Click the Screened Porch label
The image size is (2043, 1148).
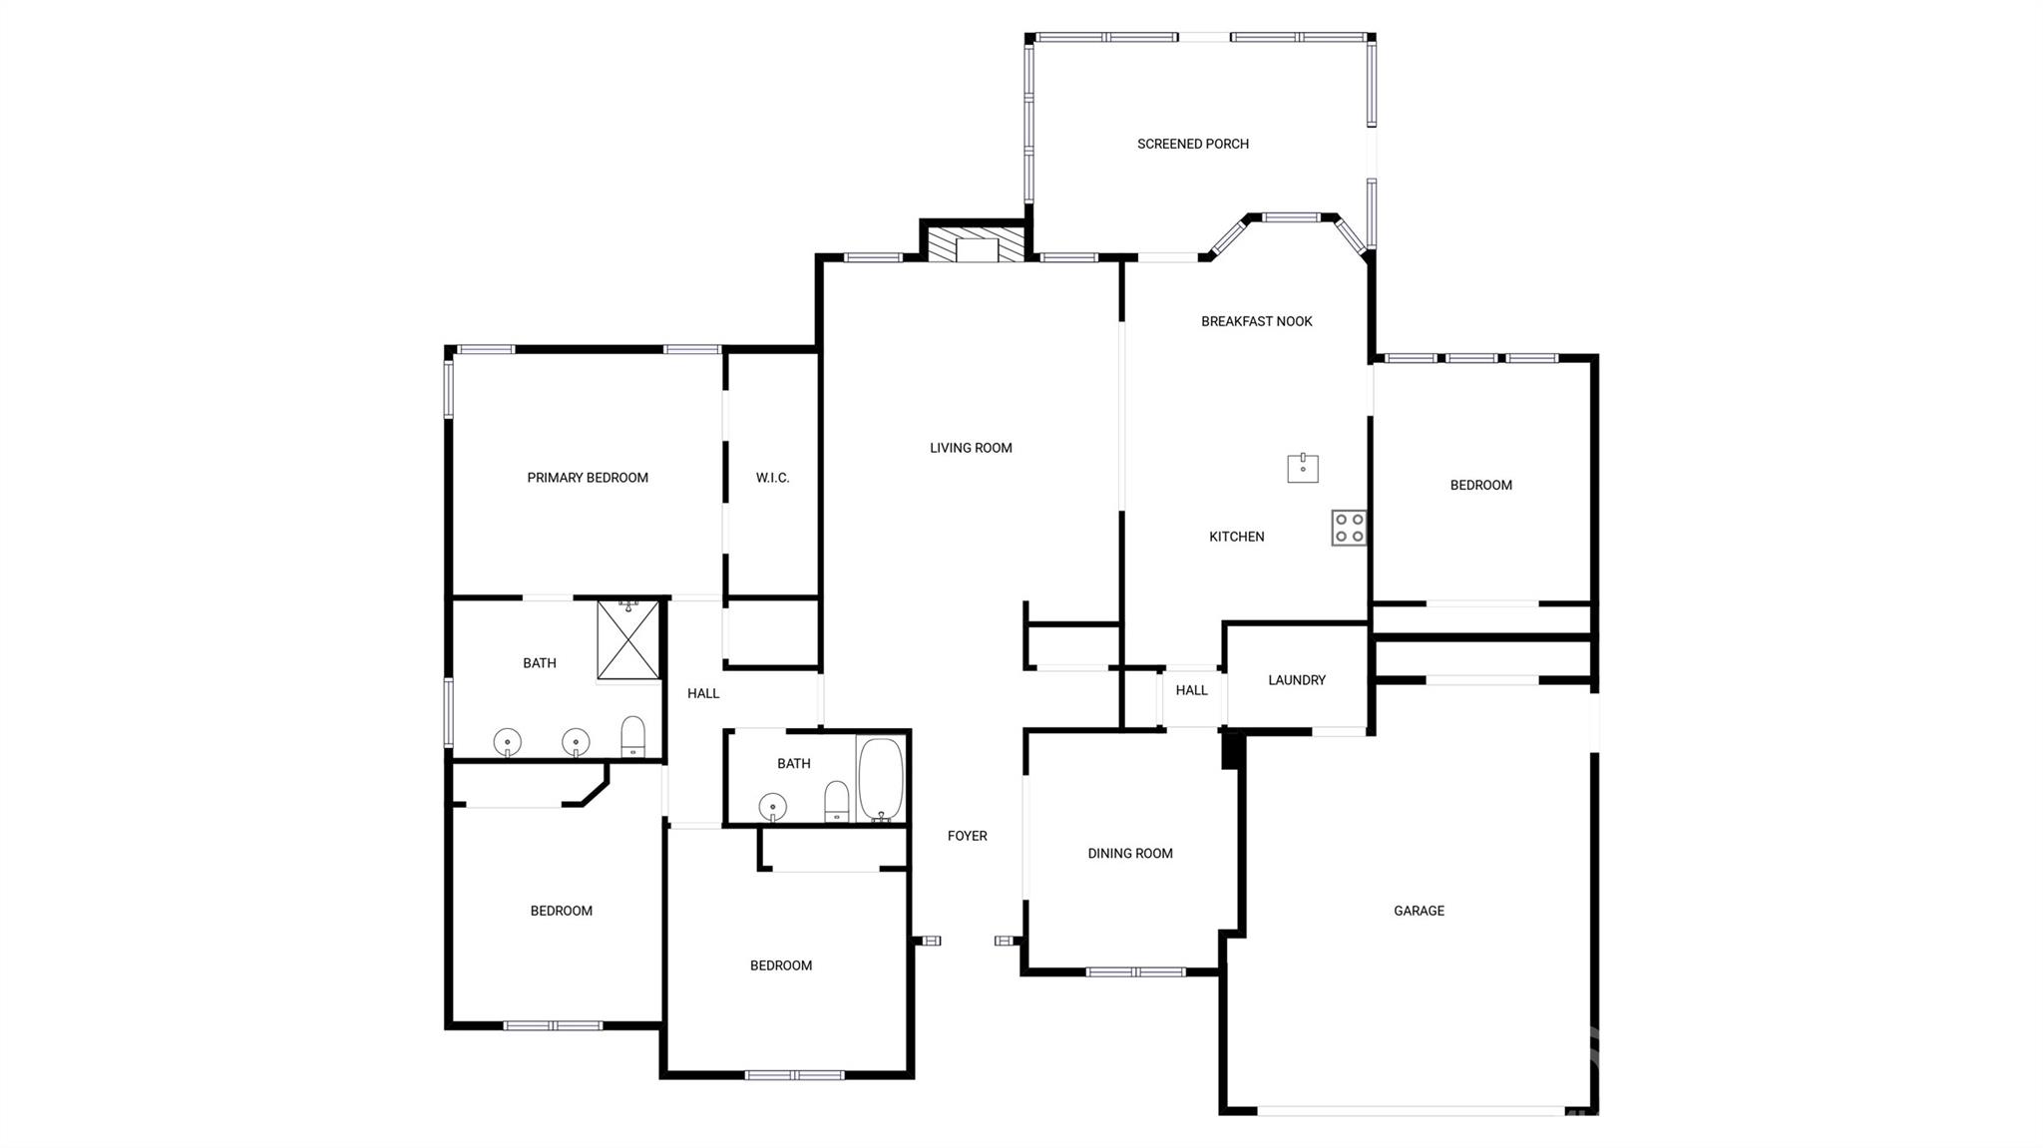(1193, 144)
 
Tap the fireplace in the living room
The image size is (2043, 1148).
(977, 245)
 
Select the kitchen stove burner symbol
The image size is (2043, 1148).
(1349, 528)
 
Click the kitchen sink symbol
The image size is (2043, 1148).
(1303, 467)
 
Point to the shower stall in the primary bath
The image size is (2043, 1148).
(628, 639)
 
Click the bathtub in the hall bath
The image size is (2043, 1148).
(881, 779)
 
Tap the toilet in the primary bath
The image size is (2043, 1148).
(633, 737)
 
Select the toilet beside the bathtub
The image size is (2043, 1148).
(837, 801)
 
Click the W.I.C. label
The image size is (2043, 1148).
(772, 478)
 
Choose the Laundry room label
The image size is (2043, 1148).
(1297, 680)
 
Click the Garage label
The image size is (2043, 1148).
(1419, 911)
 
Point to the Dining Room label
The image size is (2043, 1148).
(1130, 854)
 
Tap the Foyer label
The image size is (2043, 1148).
(967, 836)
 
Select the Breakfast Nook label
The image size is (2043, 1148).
(1256, 321)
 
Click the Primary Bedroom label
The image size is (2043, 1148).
(588, 478)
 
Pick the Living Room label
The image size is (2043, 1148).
(971, 448)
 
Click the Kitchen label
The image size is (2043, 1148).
(1236, 537)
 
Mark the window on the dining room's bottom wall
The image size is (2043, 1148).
(1135, 971)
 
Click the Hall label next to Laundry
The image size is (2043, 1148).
(1191, 690)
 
